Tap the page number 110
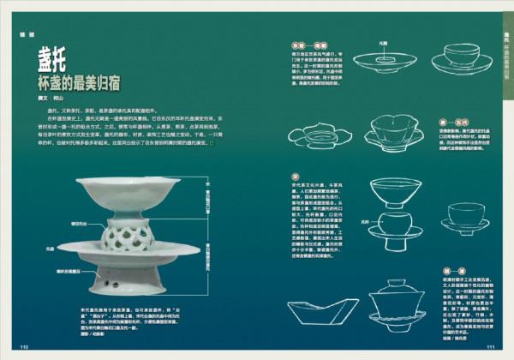pos(25,346)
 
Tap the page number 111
pos(491,346)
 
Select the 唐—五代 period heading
pos(446,122)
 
